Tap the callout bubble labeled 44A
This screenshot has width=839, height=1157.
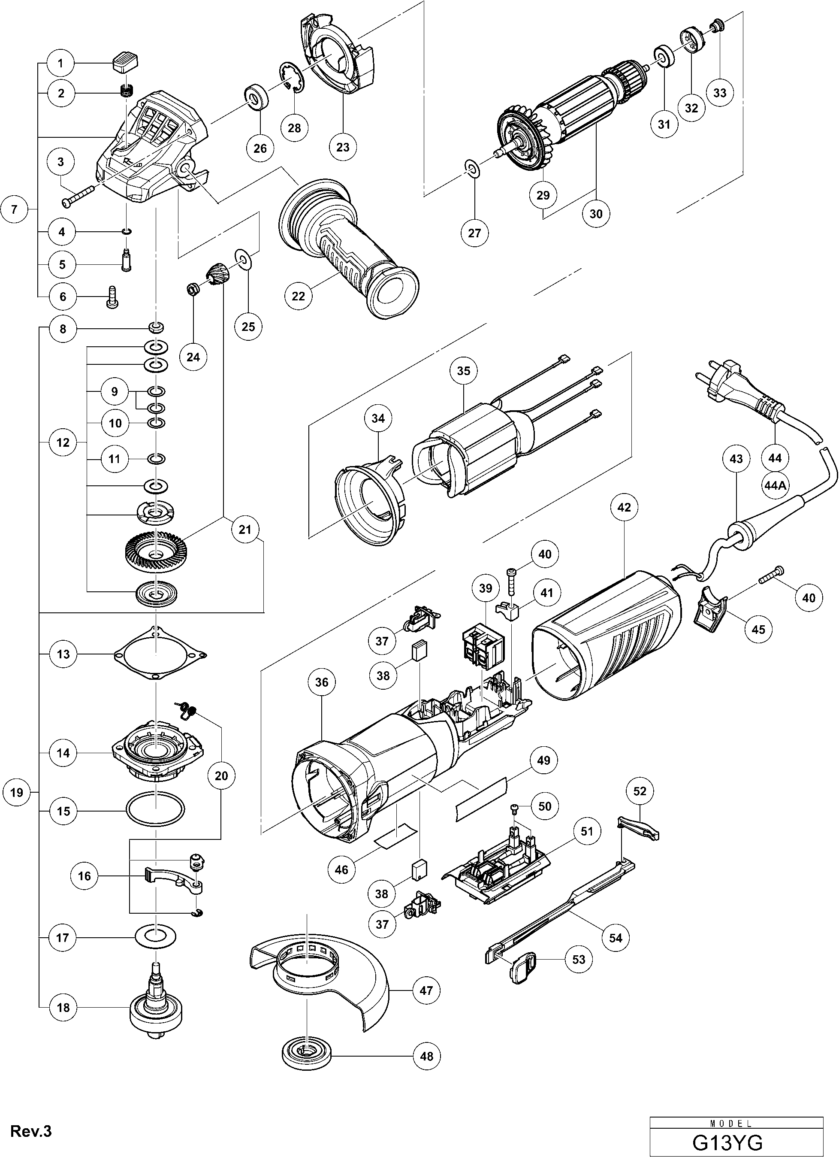pos(774,486)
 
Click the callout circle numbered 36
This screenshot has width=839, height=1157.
pos(322,682)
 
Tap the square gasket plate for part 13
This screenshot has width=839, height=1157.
pos(160,654)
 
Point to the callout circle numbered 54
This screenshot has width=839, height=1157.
pos(616,938)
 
